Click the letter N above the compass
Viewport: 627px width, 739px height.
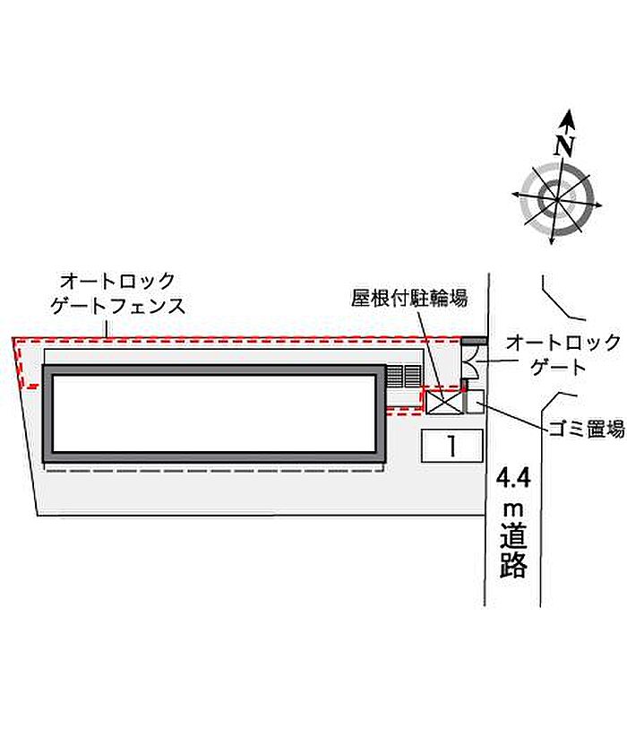pyautogui.click(x=563, y=145)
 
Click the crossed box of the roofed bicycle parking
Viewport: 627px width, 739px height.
pyautogui.click(x=444, y=403)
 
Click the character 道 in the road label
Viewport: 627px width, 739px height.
pyautogui.click(x=514, y=537)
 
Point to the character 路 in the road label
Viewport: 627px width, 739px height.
pyautogui.click(x=514, y=566)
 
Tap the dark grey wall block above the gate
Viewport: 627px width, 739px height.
pyautogui.click(x=475, y=341)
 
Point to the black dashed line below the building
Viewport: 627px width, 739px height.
pyautogui.click(x=215, y=468)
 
